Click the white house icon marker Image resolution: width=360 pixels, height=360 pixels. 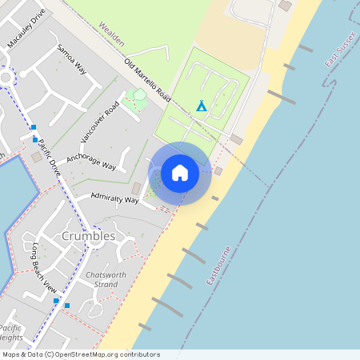(x=180, y=173)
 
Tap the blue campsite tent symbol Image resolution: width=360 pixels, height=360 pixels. (x=202, y=106)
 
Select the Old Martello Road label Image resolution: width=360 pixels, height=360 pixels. (x=147, y=81)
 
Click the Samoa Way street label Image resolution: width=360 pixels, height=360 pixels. (x=70, y=60)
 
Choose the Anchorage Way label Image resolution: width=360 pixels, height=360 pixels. (x=91, y=162)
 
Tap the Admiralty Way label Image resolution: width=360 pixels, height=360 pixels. (x=114, y=198)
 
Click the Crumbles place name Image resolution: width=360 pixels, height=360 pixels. (x=88, y=237)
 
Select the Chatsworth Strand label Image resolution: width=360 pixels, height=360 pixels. (x=106, y=279)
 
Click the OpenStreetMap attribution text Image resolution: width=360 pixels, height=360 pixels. (x=80, y=354)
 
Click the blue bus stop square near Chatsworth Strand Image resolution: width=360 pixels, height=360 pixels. (x=67, y=305)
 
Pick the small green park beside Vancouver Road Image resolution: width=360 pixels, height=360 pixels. (x=139, y=99)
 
